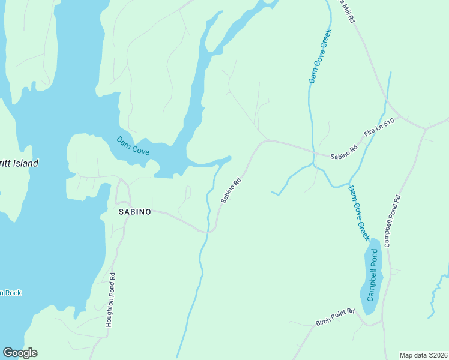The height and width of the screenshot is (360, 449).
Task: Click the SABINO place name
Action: tap(134, 212)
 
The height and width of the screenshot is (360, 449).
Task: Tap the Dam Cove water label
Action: tap(133, 146)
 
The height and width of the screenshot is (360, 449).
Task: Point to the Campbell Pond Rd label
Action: tap(392, 221)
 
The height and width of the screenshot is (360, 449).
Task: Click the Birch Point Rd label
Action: tap(335, 317)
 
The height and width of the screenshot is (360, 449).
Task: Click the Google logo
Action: tap(20, 353)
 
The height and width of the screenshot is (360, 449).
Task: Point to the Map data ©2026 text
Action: tap(423, 355)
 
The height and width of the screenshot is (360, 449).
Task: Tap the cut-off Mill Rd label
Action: tap(348, 11)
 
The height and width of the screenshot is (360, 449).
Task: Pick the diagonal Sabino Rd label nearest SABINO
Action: tap(231, 190)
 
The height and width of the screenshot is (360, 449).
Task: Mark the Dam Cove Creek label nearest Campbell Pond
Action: tap(360, 213)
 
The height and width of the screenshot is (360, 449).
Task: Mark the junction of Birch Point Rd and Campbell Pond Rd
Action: tap(382, 323)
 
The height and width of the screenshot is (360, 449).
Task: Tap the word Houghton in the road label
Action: tap(110, 311)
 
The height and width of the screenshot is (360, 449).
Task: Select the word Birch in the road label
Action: tap(324, 322)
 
